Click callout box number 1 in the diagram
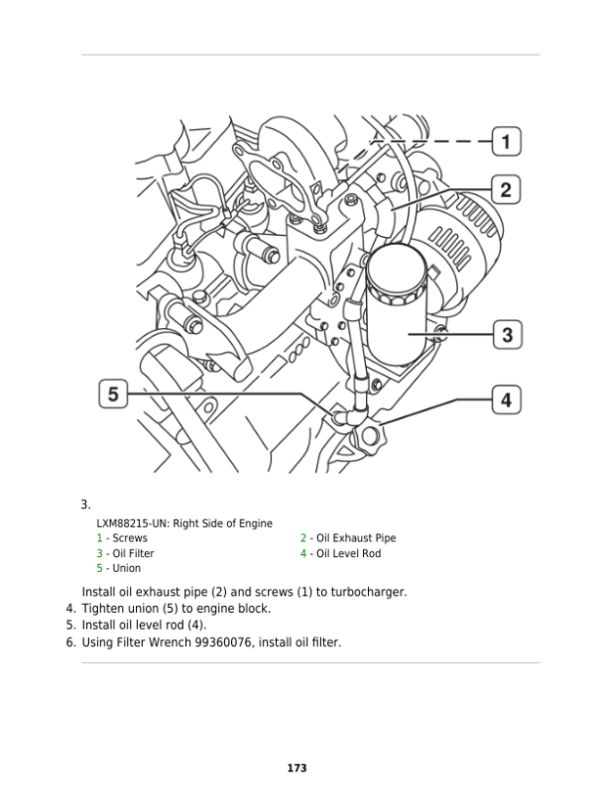(x=507, y=142)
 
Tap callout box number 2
(x=506, y=189)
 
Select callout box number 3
(x=507, y=334)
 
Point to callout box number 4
(x=506, y=400)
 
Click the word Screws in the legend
(x=129, y=538)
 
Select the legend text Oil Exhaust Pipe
(x=355, y=538)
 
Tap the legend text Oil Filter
(x=133, y=553)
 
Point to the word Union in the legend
(x=126, y=568)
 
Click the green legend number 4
(x=303, y=553)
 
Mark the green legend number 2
(x=303, y=538)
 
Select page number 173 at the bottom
(x=296, y=768)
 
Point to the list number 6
(x=70, y=642)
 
